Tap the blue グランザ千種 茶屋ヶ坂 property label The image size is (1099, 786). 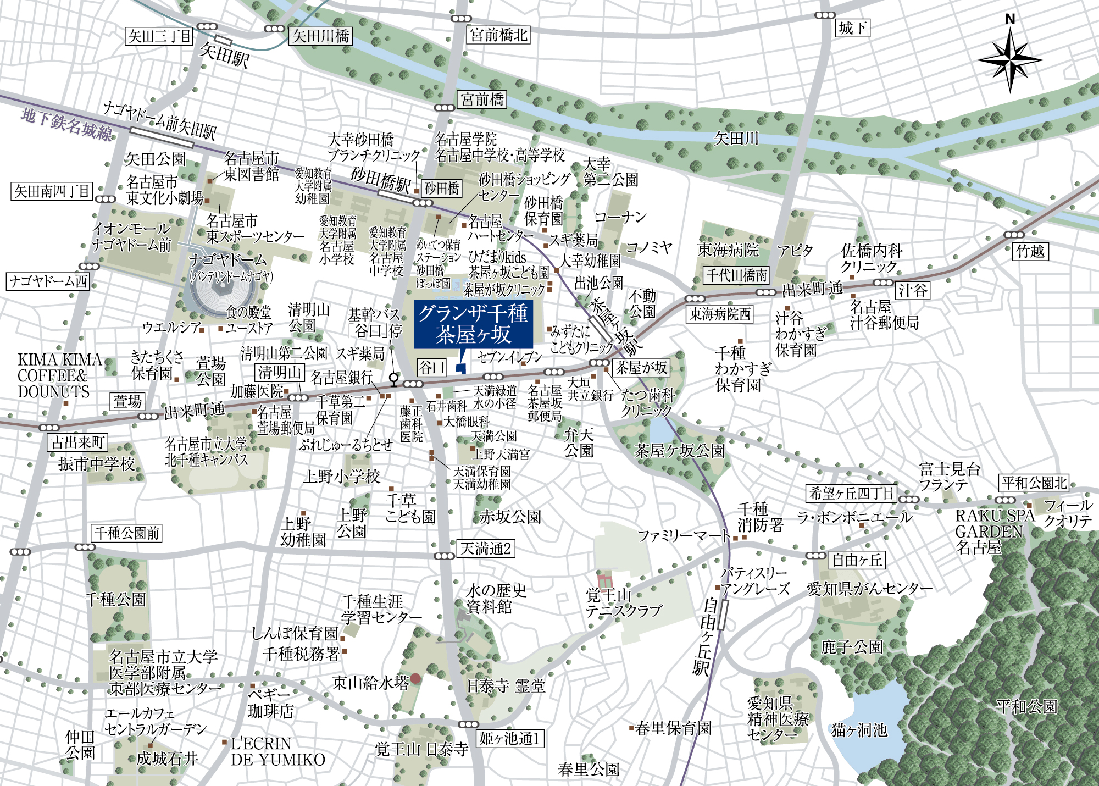click(x=473, y=324)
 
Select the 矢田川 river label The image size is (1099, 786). click(x=736, y=139)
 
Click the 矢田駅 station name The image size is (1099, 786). click(x=225, y=55)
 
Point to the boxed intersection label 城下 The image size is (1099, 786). click(x=853, y=28)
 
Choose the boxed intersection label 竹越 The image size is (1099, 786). click(x=1030, y=251)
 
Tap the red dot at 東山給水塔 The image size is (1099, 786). click(x=415, y=678)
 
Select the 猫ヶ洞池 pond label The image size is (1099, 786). click(x=859, y=730)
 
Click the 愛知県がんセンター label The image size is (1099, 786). click(x=869, y=589)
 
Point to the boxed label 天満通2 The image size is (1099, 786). click(x=486, y=549)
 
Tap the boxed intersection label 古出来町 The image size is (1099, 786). click(x=77, y=442)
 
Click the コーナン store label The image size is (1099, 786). click(x=620, y=218)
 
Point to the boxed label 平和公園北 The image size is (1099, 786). click(x=1034, y=483)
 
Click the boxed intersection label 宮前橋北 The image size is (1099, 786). click(x=499, y=35)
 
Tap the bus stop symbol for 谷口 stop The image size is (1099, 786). click(x=393, y=379)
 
